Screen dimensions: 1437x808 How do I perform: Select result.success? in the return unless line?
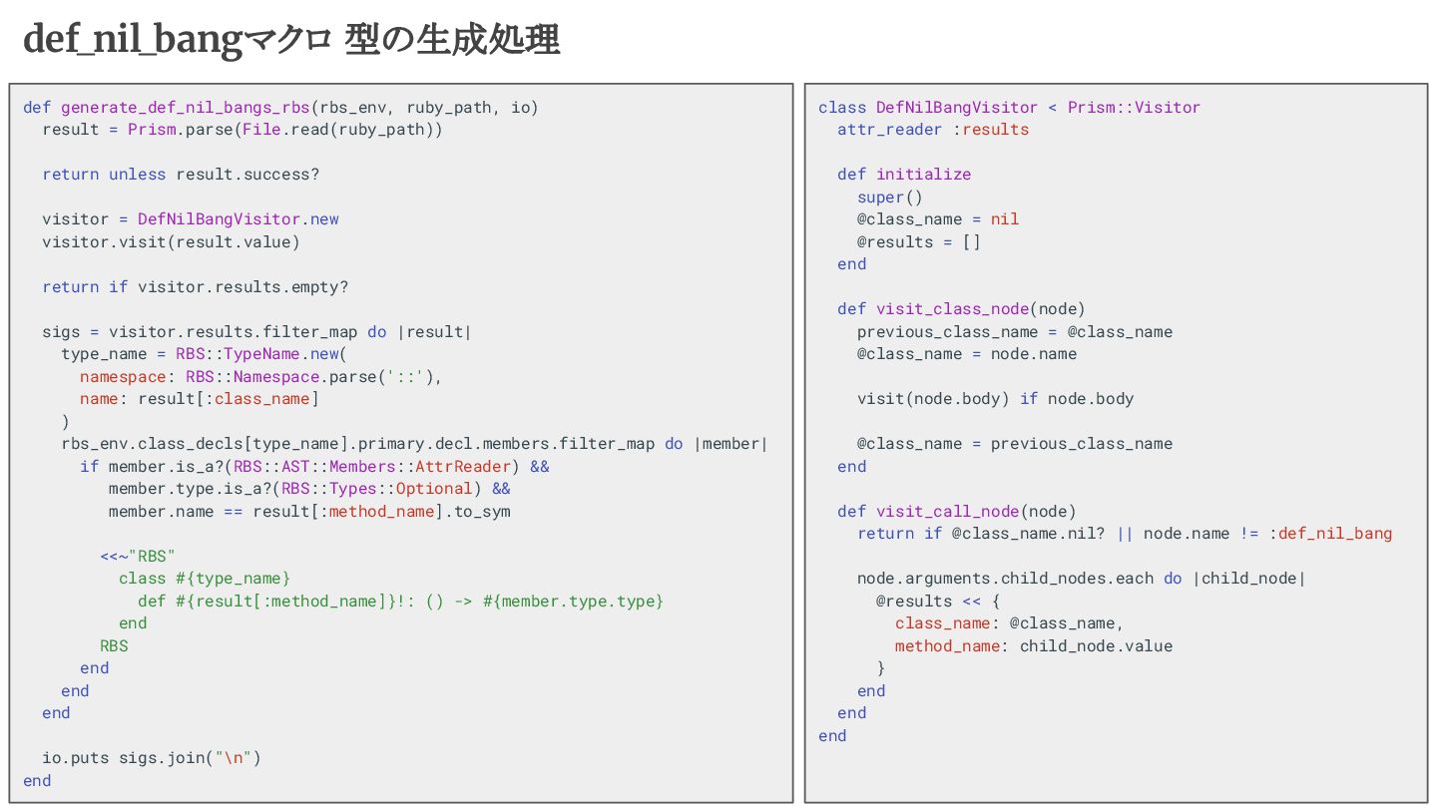(247, 175)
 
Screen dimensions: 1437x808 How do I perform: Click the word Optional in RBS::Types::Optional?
(434, 489)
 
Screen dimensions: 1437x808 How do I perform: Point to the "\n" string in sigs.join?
(234, 758)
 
